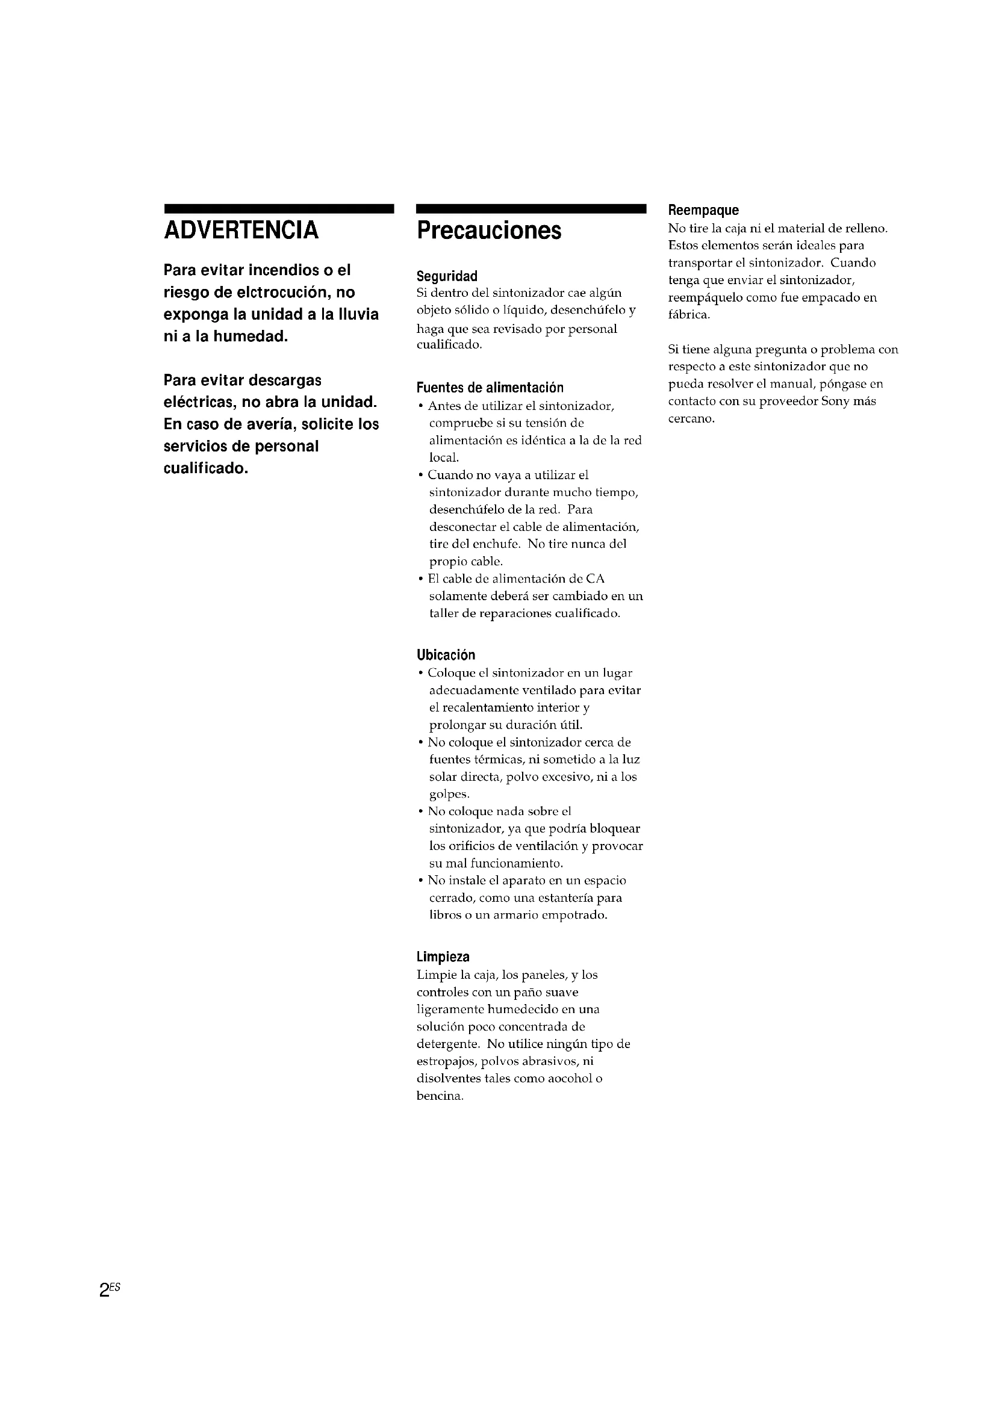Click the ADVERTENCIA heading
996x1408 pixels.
241,231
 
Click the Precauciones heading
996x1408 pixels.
489,231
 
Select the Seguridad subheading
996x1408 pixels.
446,276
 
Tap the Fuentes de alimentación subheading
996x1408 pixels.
490,388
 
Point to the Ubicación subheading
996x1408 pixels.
446,654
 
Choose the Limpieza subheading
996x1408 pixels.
443,957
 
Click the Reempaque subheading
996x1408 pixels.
703,210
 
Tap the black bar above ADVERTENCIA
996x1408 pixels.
278,208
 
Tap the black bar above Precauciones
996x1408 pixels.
531,208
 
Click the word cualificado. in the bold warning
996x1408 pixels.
206,468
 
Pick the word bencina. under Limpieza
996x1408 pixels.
440,1096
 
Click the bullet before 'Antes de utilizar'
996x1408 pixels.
421,406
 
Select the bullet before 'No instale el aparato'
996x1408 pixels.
421,881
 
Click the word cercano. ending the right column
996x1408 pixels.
691,420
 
